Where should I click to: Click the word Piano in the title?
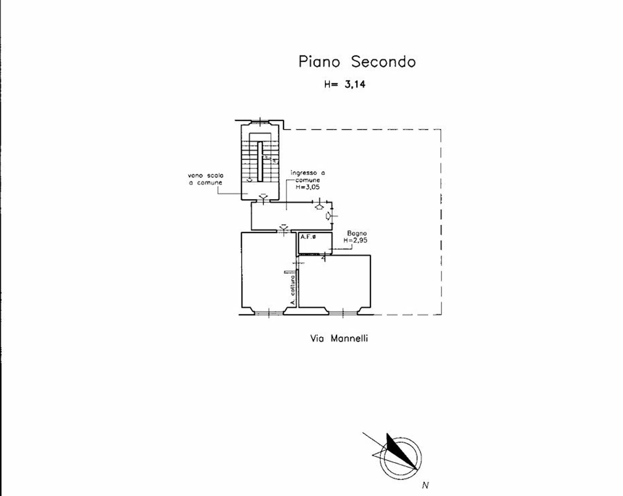(319, 62)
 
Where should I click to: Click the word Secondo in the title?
(383, 62)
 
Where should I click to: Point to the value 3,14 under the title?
(355, 84)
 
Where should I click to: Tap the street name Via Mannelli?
(339, 338)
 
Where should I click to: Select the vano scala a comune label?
(206, 179)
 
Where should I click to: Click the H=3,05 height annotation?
(308, 187)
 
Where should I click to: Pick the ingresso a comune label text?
(308, 176)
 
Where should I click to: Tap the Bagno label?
(357, 233)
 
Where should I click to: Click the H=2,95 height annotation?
(355, 240)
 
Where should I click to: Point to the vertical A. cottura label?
(292, 290)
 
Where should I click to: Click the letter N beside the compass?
(425, 485)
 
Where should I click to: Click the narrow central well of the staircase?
(260, 162)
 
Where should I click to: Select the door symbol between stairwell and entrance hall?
(263, 199)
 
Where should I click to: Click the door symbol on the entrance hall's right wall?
(330, 216)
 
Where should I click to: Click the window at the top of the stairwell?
(260, 122)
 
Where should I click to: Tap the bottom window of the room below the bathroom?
(343, 312)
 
